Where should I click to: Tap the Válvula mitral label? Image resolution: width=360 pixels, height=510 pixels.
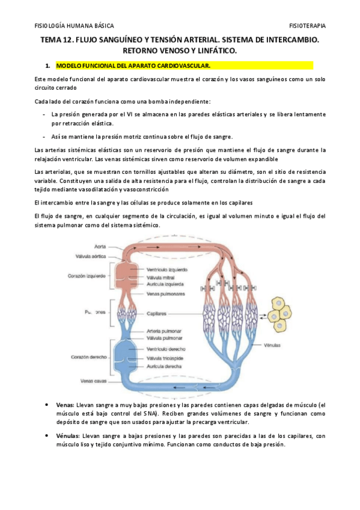click(162, 277)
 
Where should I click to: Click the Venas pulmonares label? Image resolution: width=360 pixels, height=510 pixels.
click(165, 294)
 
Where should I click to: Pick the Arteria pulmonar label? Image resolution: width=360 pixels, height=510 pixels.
click(165, 331)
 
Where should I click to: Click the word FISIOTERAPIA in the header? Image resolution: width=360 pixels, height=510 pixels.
click(308, 26)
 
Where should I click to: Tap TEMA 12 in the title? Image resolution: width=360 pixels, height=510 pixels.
click(56, 40)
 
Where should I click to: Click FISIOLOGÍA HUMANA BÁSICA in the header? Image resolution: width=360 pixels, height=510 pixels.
click(71, 26)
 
